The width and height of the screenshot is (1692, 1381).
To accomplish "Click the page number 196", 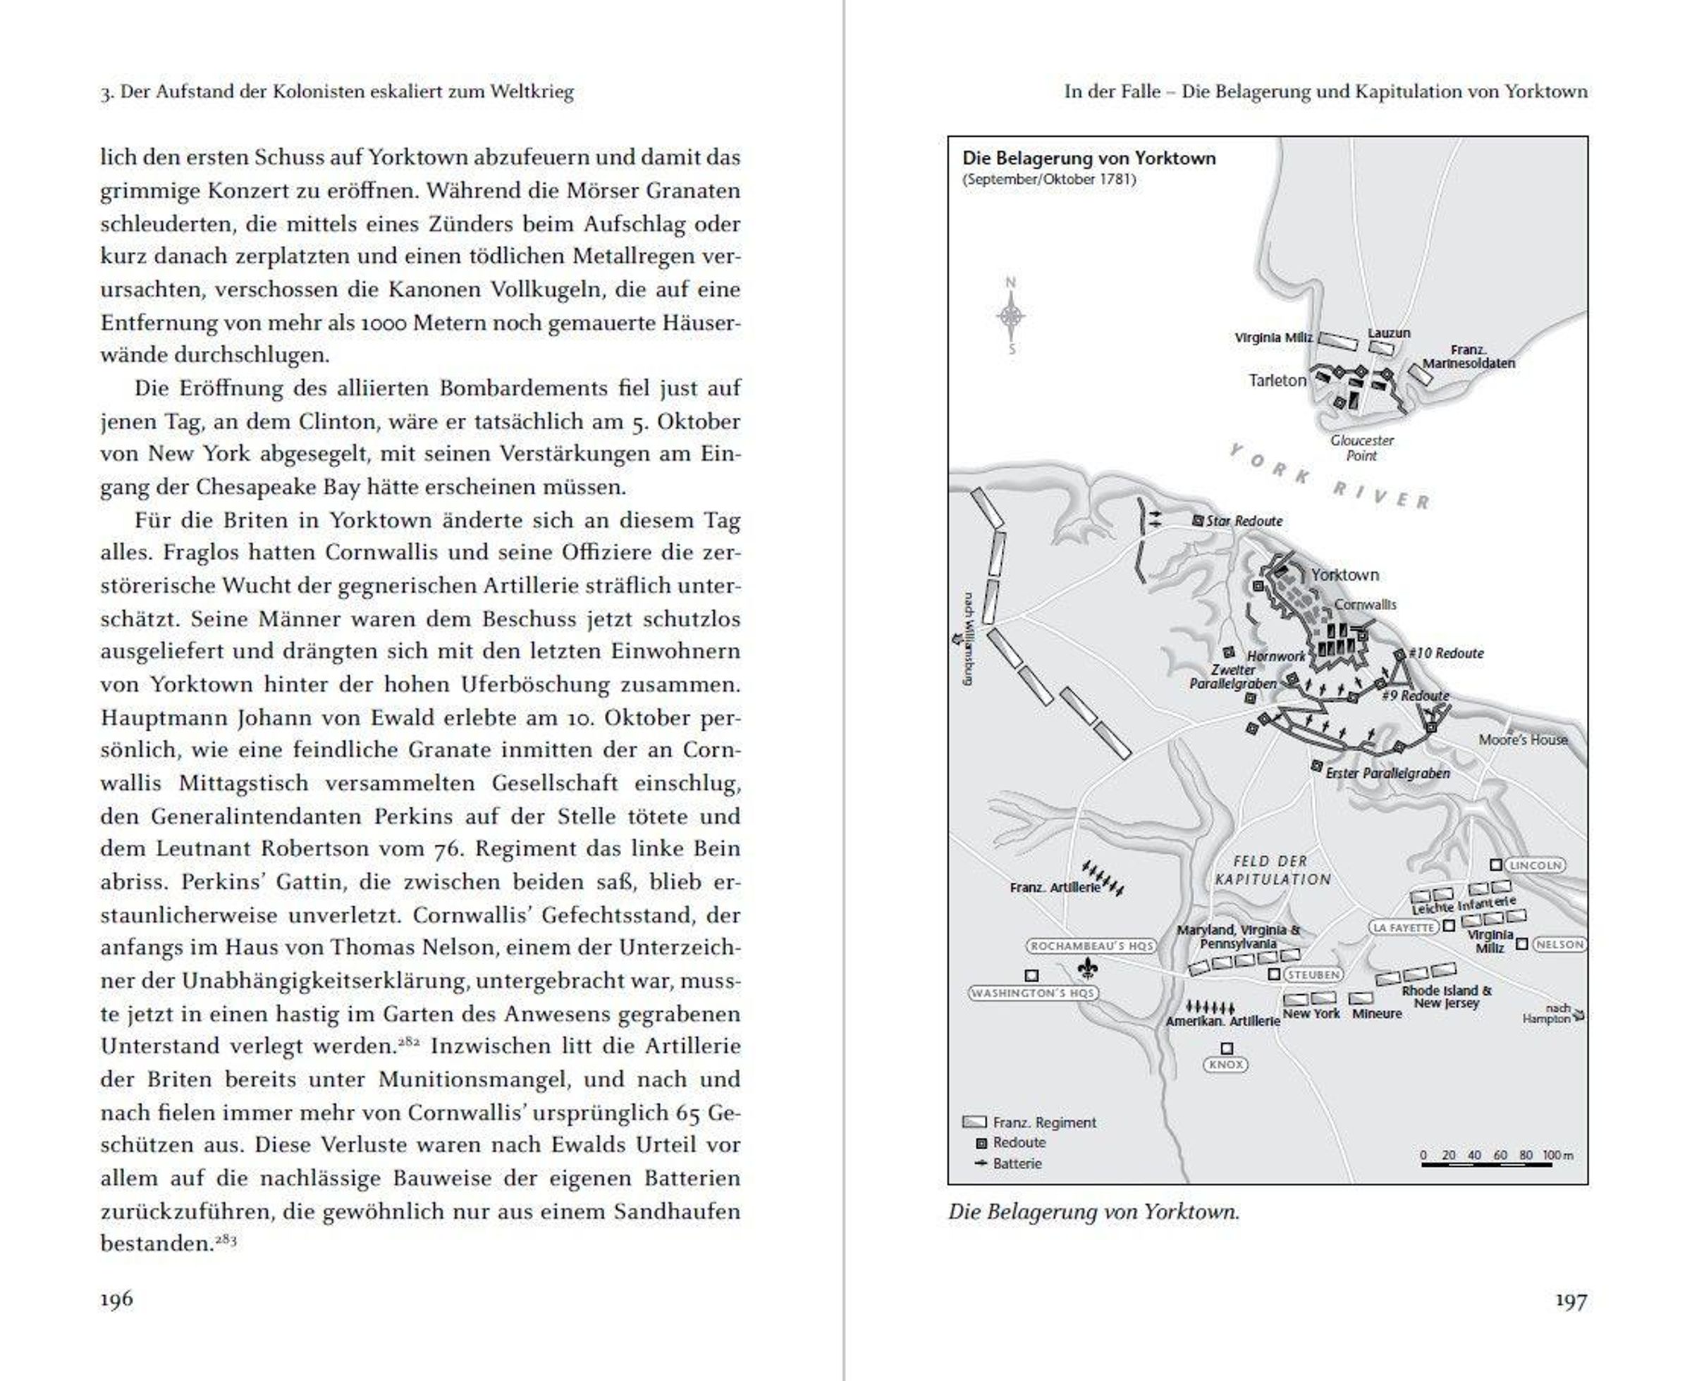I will (x=116, y=1299).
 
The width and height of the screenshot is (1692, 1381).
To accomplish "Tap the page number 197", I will (x=1570, y=1301).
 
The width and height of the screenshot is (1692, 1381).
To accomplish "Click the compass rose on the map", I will (x=1011, y=316).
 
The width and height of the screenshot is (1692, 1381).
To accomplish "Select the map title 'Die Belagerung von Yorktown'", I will (x=1089, y=159).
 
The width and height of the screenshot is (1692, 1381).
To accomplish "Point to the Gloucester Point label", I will (x=1362, y=448).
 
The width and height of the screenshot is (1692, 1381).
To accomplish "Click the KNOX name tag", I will (x=1225, y=1065).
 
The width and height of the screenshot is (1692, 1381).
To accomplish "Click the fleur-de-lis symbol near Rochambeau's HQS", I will (x=1087, y=968).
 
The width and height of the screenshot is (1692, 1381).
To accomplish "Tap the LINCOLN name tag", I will (x=1533, y=865).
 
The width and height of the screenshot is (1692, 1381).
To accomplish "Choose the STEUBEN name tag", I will (x=1314, y=974).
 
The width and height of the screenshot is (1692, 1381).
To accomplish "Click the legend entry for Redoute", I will (x=1019, y=1142).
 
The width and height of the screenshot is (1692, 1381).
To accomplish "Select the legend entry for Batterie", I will (x=1017, y=1163).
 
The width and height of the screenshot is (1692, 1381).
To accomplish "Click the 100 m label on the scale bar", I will (x=1557, y=1155).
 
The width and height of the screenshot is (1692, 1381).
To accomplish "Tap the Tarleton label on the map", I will (x=1277, y=380).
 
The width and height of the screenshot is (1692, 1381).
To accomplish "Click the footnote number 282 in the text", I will (x=409, y=1042).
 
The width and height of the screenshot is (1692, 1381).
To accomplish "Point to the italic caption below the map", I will (x=1093, y=1212).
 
